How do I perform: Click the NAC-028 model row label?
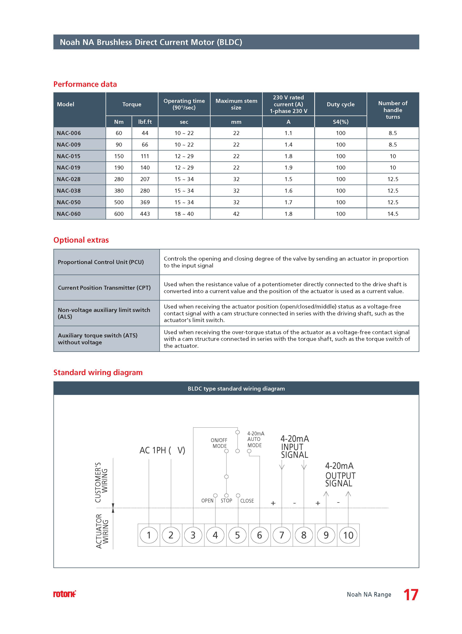pos(69,179)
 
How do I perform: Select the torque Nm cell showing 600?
pos(119,214)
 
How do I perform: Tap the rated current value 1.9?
pos(288,168)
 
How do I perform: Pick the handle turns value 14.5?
pos(393,214)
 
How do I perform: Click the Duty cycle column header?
pos(341,104)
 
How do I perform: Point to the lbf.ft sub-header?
pos(145,122)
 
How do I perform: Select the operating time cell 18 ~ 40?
pos(184,214)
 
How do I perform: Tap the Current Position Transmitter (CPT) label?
pos(104,288)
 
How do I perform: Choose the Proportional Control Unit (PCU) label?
pos(101,262)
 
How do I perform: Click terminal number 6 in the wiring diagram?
pos(260,535)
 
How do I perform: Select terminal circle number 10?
pos(348,535)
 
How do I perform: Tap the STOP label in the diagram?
pos(226,501)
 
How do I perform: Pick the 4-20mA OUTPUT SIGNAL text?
pos(340,475)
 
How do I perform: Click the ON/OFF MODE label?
pos(219,443)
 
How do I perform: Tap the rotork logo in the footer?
pos(64,594)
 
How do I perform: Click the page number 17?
pos(411,595)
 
